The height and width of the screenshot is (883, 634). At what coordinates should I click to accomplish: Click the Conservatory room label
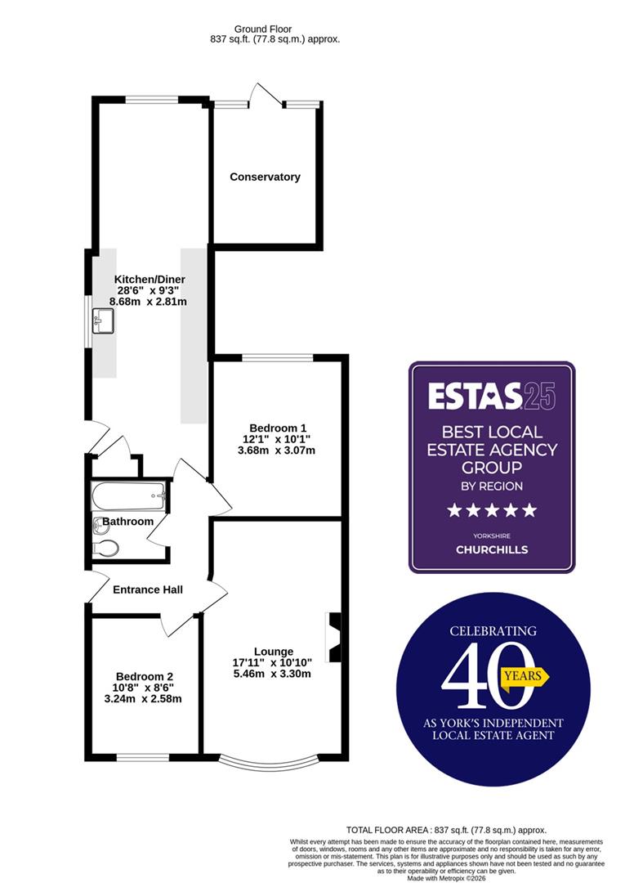point(265,177)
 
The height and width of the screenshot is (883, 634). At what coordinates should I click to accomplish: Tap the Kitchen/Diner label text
point(150,279)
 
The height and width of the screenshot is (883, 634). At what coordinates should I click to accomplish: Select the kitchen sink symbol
point(104,320)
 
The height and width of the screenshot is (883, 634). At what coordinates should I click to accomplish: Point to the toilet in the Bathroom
point(106,547)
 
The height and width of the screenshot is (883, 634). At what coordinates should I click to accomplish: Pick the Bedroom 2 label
point(145,676)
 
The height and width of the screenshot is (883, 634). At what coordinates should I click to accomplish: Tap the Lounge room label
point(273,652)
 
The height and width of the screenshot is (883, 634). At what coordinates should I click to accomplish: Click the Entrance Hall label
point(148,589)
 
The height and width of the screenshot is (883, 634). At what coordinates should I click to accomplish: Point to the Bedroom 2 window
point(145,755)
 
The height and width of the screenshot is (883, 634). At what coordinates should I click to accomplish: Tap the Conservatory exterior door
point(266,96)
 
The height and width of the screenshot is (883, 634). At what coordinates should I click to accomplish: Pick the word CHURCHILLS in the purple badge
point(492,549)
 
